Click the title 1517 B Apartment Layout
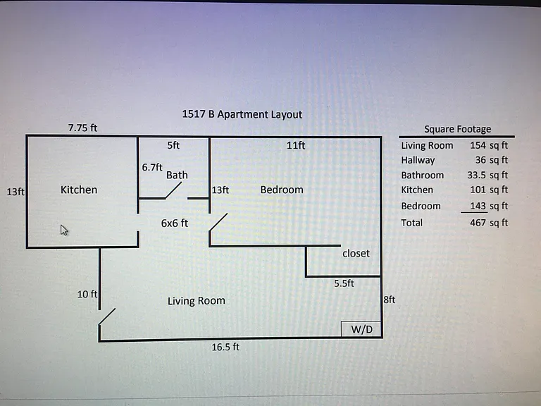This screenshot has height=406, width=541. [242, 114]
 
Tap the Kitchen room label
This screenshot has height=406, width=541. [79, 190]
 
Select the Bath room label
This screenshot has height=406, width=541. [177, 175]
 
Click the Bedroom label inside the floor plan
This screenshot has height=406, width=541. [282, 190]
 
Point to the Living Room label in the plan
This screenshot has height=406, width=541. [197, 301]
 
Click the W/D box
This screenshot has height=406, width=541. [361, 329]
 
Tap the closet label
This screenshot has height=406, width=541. [356, 254]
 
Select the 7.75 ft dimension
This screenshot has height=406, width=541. [82, 128]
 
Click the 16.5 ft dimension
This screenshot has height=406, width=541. [225, 347]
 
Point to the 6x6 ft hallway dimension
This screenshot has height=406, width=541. [175, 223]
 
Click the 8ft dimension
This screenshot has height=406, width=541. [389, 300]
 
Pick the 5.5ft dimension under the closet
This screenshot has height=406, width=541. [344, 283]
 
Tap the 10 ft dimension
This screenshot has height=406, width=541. [87, 294]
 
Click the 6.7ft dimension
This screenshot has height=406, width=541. [152, 167]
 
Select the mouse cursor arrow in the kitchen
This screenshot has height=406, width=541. [64, 230]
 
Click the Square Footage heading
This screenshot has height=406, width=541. [457, 129]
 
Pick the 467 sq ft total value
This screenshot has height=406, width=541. [489, 223]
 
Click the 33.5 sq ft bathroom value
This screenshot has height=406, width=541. [487, 175]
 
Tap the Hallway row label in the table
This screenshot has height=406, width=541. [418, 160]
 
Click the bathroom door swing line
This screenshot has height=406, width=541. [173, 190]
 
